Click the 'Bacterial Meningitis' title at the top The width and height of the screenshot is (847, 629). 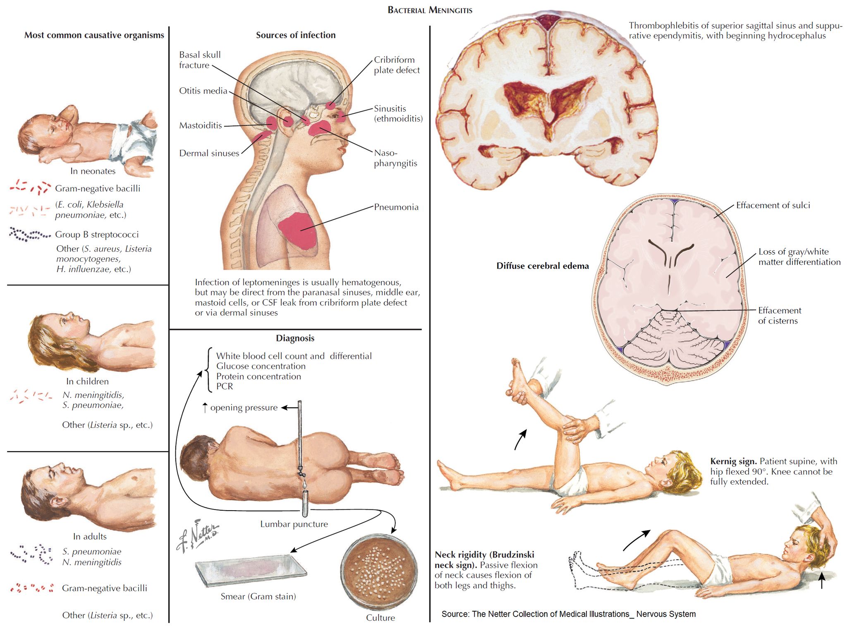coord(430,10)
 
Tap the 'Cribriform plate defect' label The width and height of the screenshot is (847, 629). coord(396,65)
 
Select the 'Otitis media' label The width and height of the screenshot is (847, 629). coord(203,91)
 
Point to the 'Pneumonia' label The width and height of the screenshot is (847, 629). coord(396,207)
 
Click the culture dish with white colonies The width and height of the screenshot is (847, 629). coord(379,571)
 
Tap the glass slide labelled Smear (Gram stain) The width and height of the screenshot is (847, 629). coord(251,570)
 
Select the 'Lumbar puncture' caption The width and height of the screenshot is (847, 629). coord(294,524)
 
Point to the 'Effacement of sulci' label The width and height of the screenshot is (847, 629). coord(773,205)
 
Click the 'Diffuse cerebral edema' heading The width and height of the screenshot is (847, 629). coord(542,266)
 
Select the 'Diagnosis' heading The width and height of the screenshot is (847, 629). coord(295,338)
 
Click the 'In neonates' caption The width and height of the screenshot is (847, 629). coord(93,171)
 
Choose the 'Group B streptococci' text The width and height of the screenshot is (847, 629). coord(97,234)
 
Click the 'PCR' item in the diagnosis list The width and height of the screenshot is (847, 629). coord(225,386)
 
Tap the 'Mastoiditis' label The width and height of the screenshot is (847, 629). coord(200,125)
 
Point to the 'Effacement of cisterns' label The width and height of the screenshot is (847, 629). coord(779,315)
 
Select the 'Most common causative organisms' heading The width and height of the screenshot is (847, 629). coord(94,35)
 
